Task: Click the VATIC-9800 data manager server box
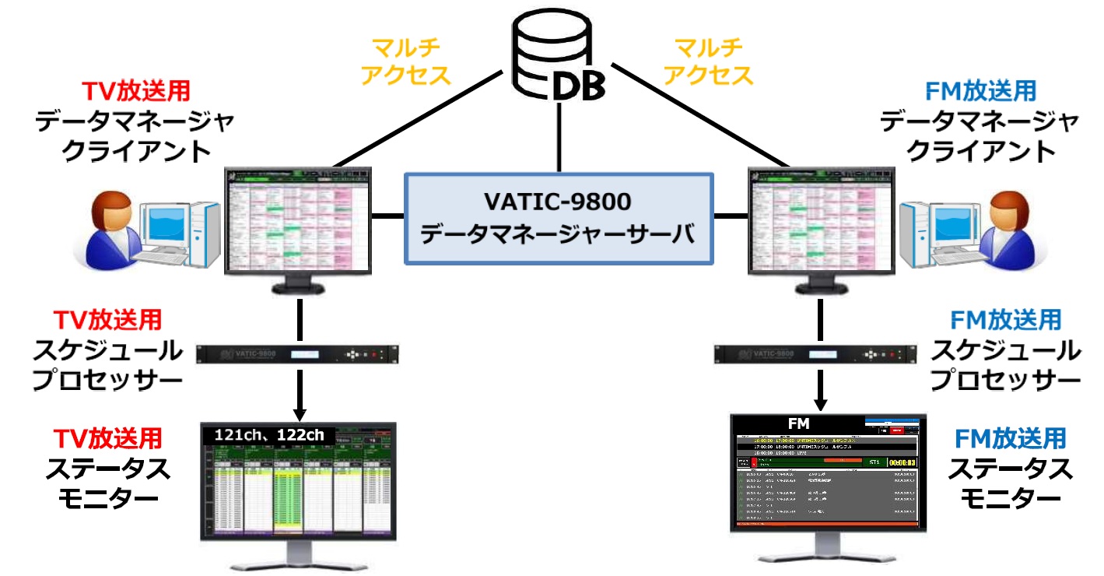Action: click(x=558, y=220)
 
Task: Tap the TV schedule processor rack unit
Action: click(x=299, y=354)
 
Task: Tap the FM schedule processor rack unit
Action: click(x=819, y=354)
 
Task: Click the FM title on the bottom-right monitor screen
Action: click(x=798, y=424)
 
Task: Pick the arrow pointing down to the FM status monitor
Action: click(x=820, y=394)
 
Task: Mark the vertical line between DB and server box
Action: click(x=558, y=140)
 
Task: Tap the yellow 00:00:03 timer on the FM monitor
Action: click(x=902, y=462)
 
